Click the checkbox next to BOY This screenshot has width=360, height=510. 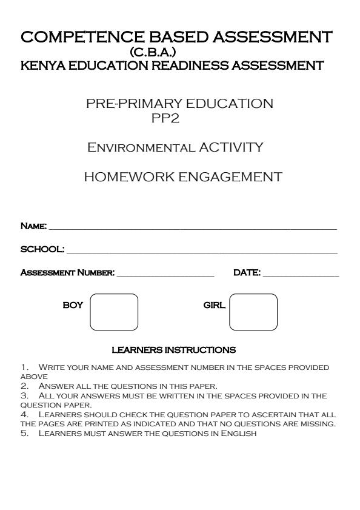[x=114, y=312]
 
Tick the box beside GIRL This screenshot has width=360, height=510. [x=253, y=312]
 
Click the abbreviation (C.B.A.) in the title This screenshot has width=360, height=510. [x=153, y=53]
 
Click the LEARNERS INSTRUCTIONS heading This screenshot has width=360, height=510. [x=174, y=350]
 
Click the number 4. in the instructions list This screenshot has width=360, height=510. [x=25, y=414]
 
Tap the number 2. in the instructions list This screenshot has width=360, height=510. [x=25, y=386]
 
